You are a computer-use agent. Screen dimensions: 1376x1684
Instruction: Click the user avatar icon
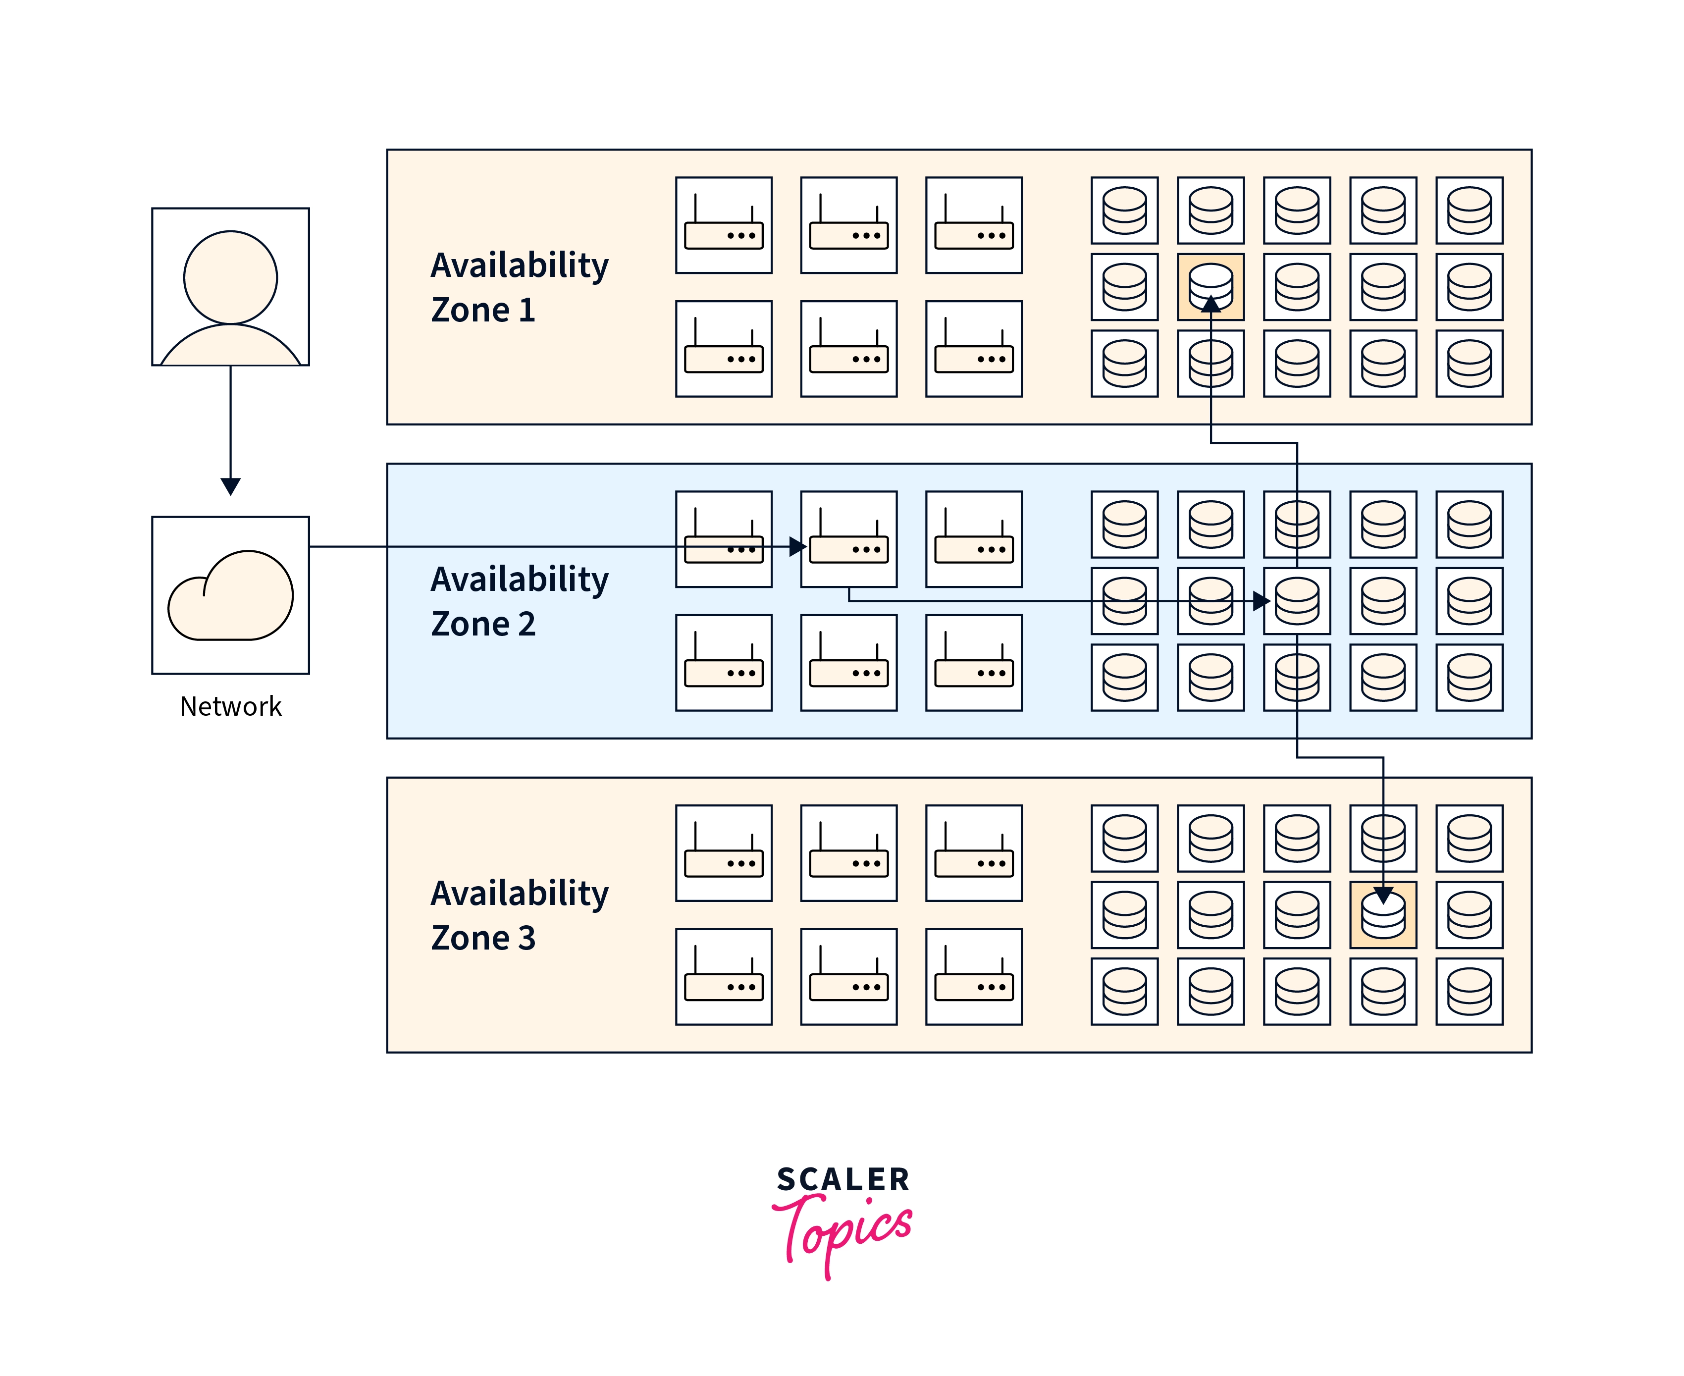tap(231, 287)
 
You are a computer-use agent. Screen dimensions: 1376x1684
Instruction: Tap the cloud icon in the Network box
tap(231, 595)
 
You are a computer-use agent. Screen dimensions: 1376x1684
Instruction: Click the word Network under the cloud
tap(231, 706)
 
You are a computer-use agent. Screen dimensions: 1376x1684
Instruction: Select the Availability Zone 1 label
tap(519, 287)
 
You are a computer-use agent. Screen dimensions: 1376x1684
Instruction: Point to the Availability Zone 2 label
tap(519, 601)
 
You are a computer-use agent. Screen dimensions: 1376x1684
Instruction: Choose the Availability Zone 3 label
tap(519, 915)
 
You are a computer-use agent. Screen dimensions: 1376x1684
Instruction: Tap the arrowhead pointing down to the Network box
tap(231, 486)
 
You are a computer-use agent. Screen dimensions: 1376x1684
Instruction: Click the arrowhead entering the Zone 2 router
tap(797, 547)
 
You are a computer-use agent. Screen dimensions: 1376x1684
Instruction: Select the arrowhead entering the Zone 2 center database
tap(1261, 601)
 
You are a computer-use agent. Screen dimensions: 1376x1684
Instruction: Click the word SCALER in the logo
tap(842, 1179)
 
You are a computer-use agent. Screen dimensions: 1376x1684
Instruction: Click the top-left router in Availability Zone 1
tap(724, 225)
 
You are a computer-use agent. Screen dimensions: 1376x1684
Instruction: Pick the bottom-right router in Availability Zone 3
tap(973, 976)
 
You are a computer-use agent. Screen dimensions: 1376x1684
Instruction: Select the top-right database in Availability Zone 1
tap(1469, 210)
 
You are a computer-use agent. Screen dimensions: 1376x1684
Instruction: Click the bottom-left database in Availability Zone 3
tap(1124, 992)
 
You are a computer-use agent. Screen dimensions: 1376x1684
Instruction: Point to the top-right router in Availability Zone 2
tap(973, 539)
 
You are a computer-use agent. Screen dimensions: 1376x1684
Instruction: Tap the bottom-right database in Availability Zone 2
tap(1469, 678)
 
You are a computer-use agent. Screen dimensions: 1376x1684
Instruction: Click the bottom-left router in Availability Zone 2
tap(724, 663)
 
